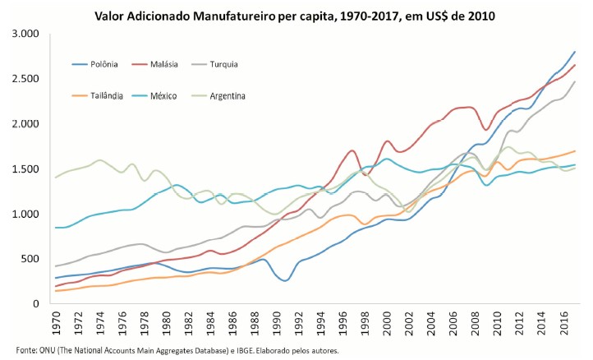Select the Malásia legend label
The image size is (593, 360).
[x=173, y=63]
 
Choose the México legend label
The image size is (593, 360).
[x=173, y=95]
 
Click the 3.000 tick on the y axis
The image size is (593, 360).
[x=25, y=34]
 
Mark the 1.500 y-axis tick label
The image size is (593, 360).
[x=25, y=169]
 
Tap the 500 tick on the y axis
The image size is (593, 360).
[x=30, y=259]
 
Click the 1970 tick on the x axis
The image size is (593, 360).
[x=57, y=323]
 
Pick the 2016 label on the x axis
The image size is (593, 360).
[x=564, y=323]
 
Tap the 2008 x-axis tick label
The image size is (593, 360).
[x=477, y=323]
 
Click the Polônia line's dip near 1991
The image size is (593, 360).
[x=285, y=280]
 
